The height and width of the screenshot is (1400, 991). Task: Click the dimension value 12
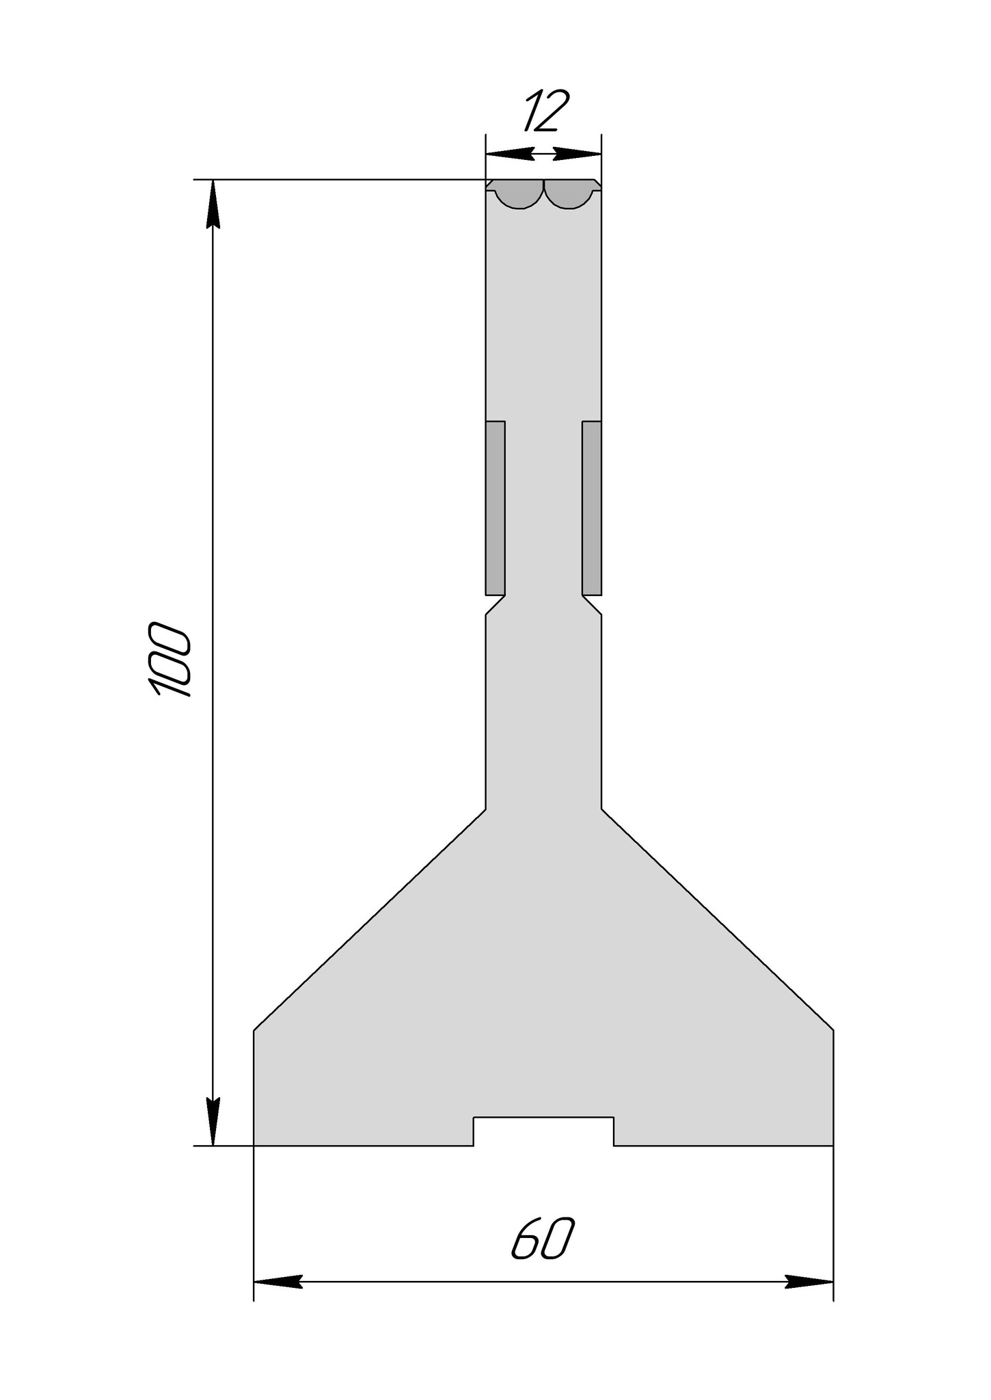tap(546, 111)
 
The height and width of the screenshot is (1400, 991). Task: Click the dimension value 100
tap(168, 659)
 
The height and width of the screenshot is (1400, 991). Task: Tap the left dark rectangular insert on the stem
tap(495, 507)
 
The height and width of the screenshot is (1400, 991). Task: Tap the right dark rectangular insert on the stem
tap(592, 507)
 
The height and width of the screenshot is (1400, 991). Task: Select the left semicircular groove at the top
tap(519, 194)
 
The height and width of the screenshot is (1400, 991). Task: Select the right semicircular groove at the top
tap(569, 194)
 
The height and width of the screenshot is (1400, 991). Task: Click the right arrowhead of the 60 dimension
tap(809, 1282)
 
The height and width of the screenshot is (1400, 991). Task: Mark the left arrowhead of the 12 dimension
tap(510, 154)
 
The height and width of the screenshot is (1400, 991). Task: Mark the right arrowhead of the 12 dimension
tap(578, 154)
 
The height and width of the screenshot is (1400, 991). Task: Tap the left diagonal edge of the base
tap(369, 920)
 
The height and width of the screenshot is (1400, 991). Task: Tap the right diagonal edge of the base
tap(718, 920)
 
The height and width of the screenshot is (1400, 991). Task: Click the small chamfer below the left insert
tap(495, 605)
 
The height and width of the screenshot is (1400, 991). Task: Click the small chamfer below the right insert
tap(592, 605)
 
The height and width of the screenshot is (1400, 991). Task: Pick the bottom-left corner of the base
tap(254, 1145)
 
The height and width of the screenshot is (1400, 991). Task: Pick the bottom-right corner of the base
tap(833, 1145)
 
